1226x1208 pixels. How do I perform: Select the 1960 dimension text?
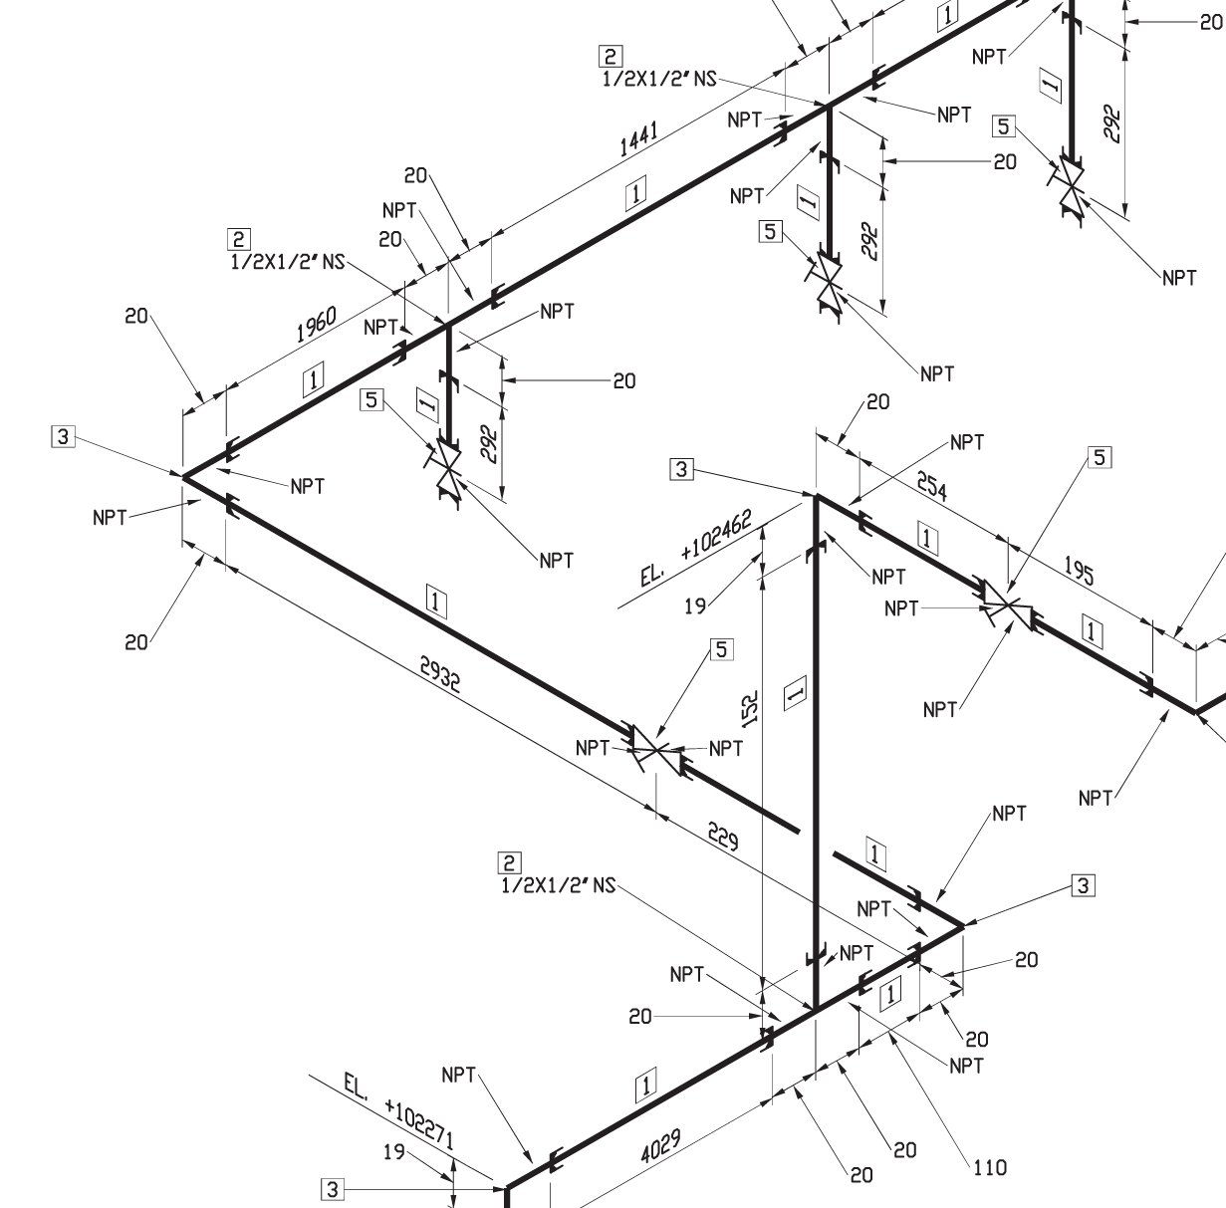coord(316,325)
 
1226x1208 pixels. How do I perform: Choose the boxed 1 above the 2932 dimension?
coord(436,602)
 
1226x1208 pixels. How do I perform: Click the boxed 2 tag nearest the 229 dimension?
coord(510,862)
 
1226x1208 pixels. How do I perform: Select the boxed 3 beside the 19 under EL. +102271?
coord(332,1189)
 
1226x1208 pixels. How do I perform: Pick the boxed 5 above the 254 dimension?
coord(1100,457)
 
